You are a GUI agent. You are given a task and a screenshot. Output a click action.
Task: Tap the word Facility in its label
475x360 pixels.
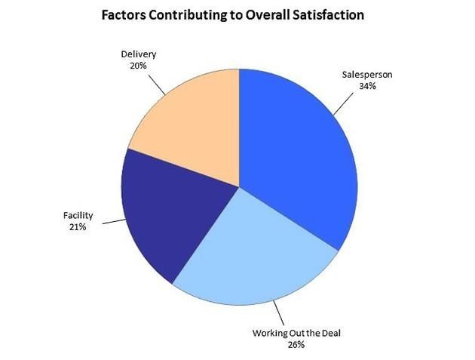point(78,216)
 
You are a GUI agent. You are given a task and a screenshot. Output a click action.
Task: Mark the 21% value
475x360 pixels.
point(78,226)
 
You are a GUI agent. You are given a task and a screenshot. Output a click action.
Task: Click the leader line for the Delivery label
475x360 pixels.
point(157,82)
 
